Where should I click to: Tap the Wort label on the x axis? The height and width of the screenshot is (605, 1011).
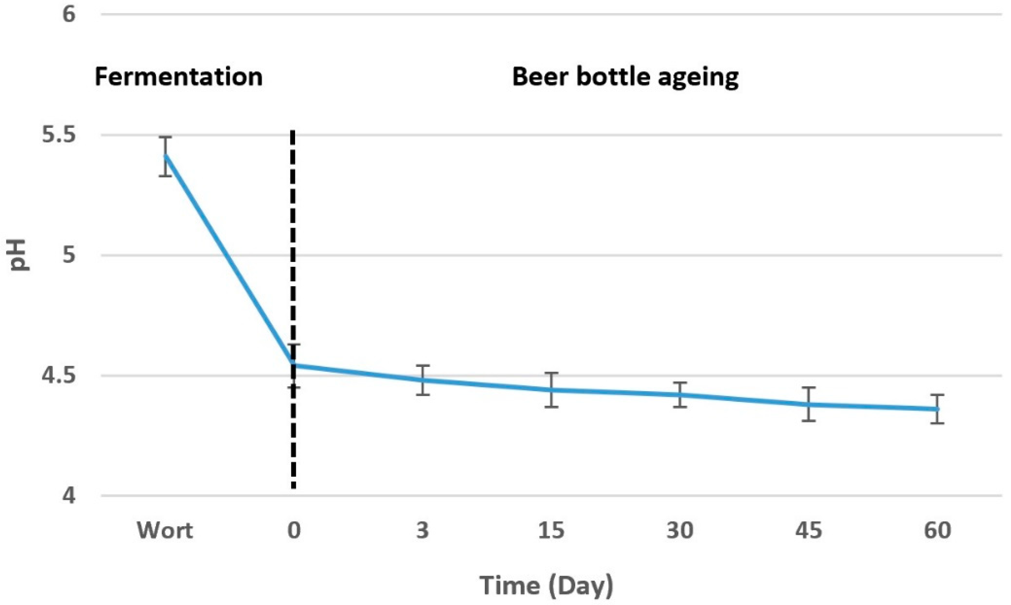(x=165, y=530)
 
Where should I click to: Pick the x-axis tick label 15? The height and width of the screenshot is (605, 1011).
(x=551, y=530)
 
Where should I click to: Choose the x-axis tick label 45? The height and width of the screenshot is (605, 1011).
(x=809, y=530)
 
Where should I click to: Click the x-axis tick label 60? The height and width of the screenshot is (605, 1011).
(x=937, y=530)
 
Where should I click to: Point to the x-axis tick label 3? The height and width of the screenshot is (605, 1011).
(x=423, y=530)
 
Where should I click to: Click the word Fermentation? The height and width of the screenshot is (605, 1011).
(x=179, y=77)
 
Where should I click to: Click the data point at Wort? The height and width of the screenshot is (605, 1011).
(x=165, y=155)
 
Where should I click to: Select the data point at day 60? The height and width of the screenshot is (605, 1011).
(x=937, y=409)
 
